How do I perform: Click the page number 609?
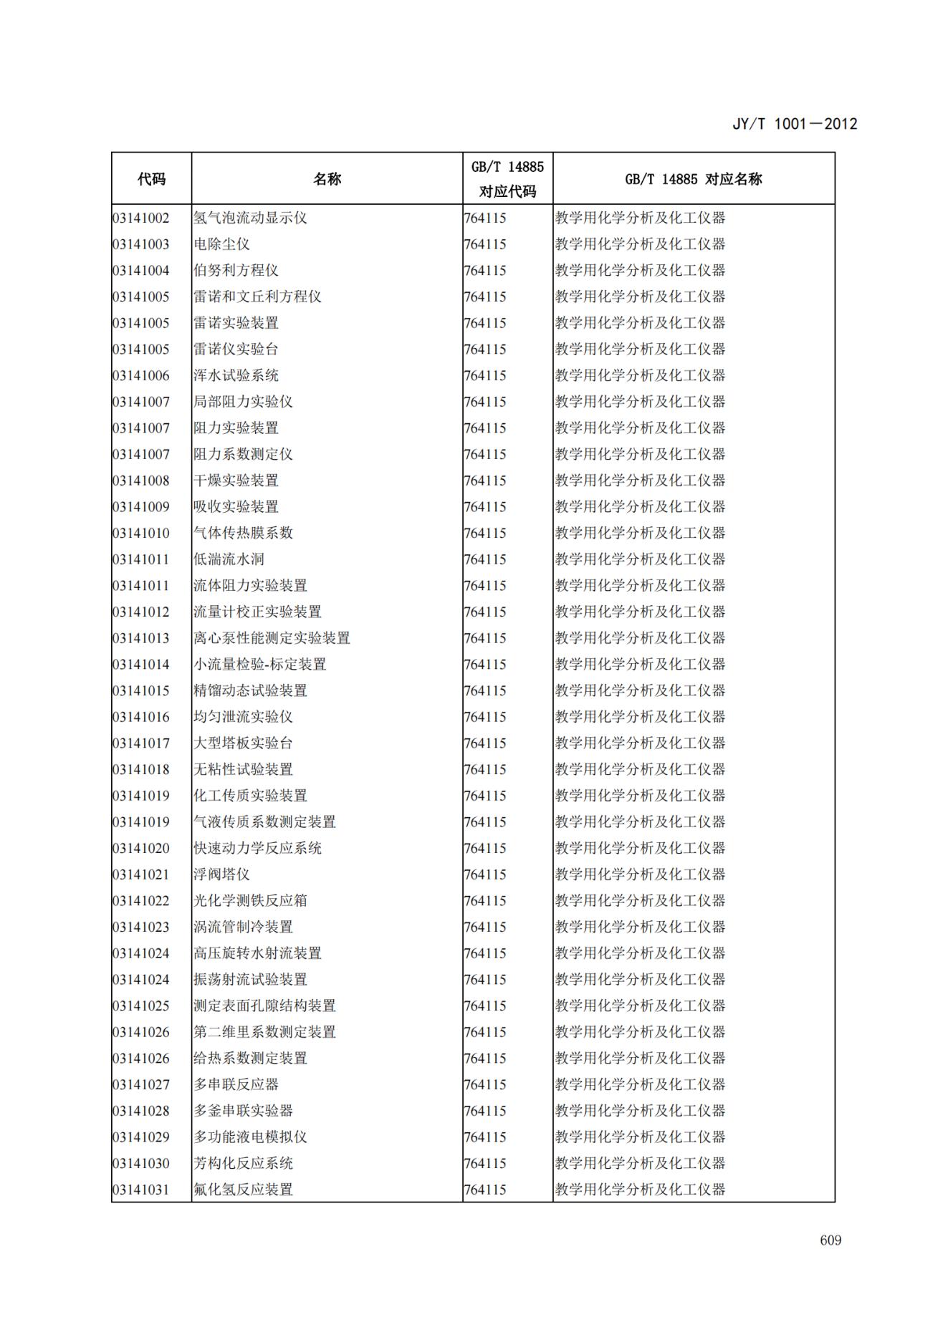tap(830, 1240)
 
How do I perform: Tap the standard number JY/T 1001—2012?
tap(795, 124)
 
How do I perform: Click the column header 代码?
tap(151, 179)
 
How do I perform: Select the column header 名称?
tap(327, 179)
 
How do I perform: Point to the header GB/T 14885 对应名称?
tap(693, 179)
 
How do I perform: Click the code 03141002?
tap(141, 218)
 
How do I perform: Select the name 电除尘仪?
tap(221, 244)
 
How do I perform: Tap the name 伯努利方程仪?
tap(236, 271)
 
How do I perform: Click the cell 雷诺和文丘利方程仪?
tap(257, 297)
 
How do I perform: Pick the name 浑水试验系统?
tap(236, 375)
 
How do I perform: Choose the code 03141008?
tap(141, 481)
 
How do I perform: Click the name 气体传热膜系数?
tap(243, 533)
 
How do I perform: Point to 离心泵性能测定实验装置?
tap(272, 638)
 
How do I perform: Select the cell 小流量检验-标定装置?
tap(259, 665)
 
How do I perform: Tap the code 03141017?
tap(141, 743)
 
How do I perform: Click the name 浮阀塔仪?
tap(221, 874)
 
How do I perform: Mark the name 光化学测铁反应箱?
tap(250, 901)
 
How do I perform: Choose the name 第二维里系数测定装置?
tap(264, 1032)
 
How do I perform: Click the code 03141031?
tap(141, 1190)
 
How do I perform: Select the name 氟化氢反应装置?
tap(243, 1190)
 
